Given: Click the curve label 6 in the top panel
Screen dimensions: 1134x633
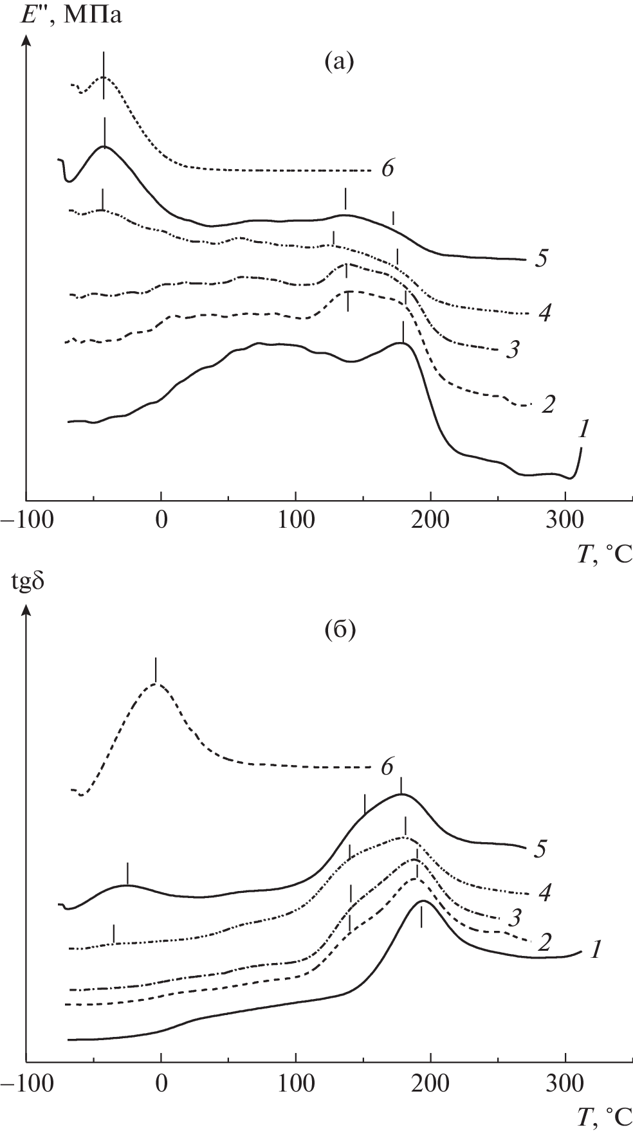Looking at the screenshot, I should click(387, 169).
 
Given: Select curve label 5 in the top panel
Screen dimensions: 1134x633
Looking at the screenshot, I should click(540, 259).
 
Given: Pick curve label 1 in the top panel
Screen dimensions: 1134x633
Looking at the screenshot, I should click(582, 429).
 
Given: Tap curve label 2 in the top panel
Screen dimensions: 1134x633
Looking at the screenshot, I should click(548, 405).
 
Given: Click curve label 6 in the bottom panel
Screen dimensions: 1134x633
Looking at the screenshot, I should click(387, 767).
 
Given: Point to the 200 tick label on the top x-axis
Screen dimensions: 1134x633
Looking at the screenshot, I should click(430, 520).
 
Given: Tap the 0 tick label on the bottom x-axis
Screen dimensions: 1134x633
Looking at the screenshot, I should click(161, 1080).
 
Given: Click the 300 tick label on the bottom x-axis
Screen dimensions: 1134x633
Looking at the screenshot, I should click(565, 1080).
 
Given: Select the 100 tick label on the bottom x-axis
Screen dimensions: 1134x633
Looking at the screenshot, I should click(295, 1080).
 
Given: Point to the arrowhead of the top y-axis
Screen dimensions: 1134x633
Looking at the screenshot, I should click(26, 40).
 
